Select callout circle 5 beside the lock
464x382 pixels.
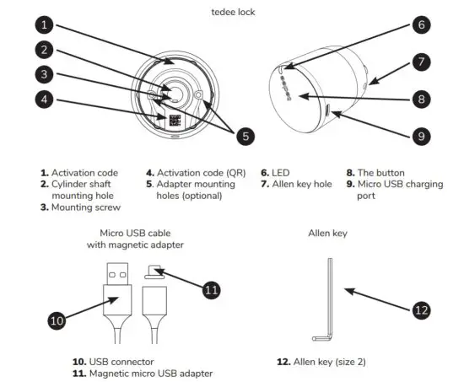(245, 134)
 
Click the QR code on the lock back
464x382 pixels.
(175, 121)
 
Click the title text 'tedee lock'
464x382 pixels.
(233, 12)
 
